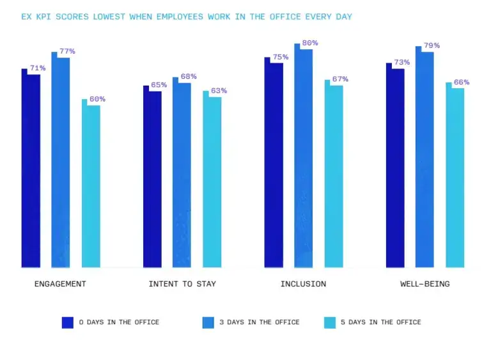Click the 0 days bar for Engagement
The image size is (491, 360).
[31, 169]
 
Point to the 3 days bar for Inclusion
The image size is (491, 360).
[303, 157]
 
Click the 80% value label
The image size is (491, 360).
[310, 43]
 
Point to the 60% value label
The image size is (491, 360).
[98, 99]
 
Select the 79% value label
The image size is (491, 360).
[432, 45]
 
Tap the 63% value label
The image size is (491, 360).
[219, 91]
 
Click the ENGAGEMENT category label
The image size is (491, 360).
[60, 284]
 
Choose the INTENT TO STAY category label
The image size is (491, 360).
[182, 284]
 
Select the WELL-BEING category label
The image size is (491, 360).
[425, 284]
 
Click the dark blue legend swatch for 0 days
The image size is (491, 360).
[68, 322]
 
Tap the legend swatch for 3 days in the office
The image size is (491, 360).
[208, 322]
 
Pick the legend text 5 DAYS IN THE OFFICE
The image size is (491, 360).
[385, 322]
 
